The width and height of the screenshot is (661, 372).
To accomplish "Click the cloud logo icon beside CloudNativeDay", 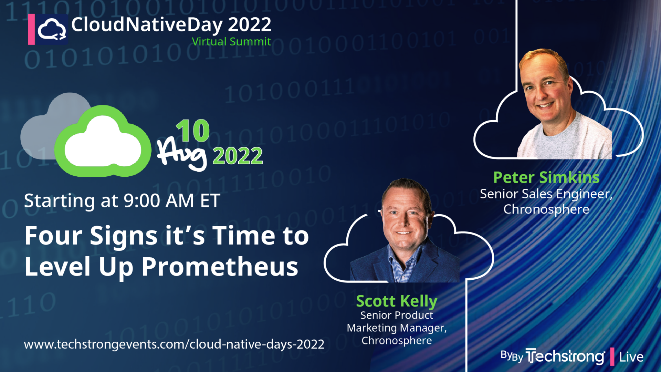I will (52, 30).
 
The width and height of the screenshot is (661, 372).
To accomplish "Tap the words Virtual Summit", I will (231, 42).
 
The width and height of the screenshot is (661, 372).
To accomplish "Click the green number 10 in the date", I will (193, 131).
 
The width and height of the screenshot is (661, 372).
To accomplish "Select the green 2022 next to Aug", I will (238, 156).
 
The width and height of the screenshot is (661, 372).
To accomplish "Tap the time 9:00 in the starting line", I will (141, 201).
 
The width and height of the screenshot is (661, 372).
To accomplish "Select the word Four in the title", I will (53, 236).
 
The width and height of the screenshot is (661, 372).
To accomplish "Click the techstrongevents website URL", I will (174, 344).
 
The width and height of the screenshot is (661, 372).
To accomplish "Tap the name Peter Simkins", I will (546, 178).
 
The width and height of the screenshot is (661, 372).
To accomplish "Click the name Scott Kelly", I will (397, 301).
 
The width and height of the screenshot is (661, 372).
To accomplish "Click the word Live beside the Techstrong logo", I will (631, 357).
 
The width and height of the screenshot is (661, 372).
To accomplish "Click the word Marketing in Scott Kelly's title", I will (372, 328).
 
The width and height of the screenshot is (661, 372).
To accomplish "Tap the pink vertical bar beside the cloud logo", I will (31, 29).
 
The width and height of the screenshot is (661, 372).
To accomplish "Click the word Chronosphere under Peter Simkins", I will (546, 209).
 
